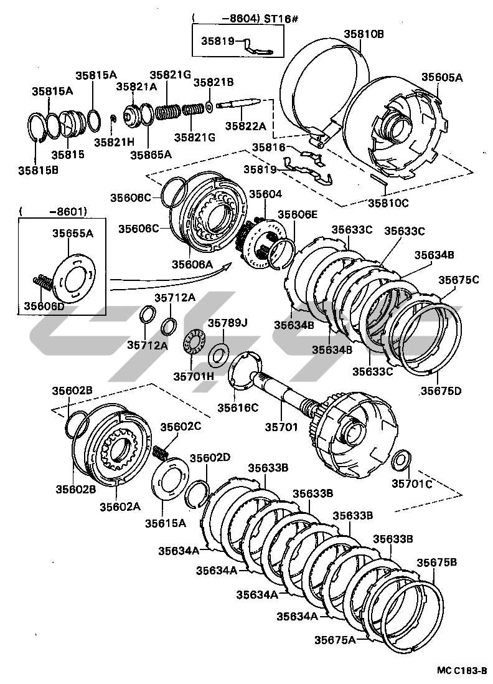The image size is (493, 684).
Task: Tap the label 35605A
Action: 442,77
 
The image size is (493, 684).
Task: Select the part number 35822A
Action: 245,125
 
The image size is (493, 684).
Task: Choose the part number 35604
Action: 266,194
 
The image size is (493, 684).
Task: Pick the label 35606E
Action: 297,214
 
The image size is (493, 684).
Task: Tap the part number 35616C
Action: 237,407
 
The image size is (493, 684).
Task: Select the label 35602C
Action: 181,427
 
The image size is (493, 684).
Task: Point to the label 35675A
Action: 335,640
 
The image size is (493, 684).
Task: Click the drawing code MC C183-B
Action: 461,670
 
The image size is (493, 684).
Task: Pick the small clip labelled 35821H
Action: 113,118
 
